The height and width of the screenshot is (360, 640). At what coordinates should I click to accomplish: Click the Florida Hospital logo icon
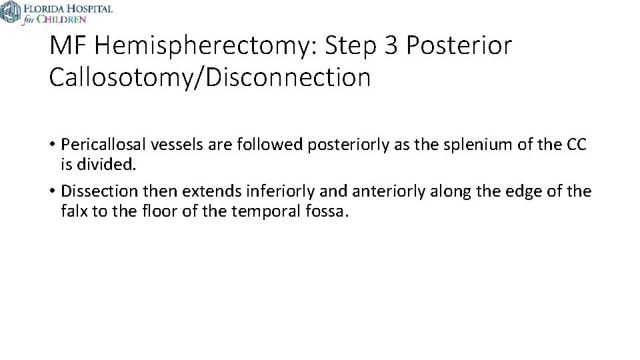(10, 12)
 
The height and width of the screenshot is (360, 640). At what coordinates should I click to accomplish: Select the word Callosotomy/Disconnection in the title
(209, 77)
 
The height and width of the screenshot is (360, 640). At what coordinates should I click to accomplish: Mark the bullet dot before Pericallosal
(52, 145)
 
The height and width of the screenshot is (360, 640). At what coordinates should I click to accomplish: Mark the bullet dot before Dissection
(52, 192)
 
